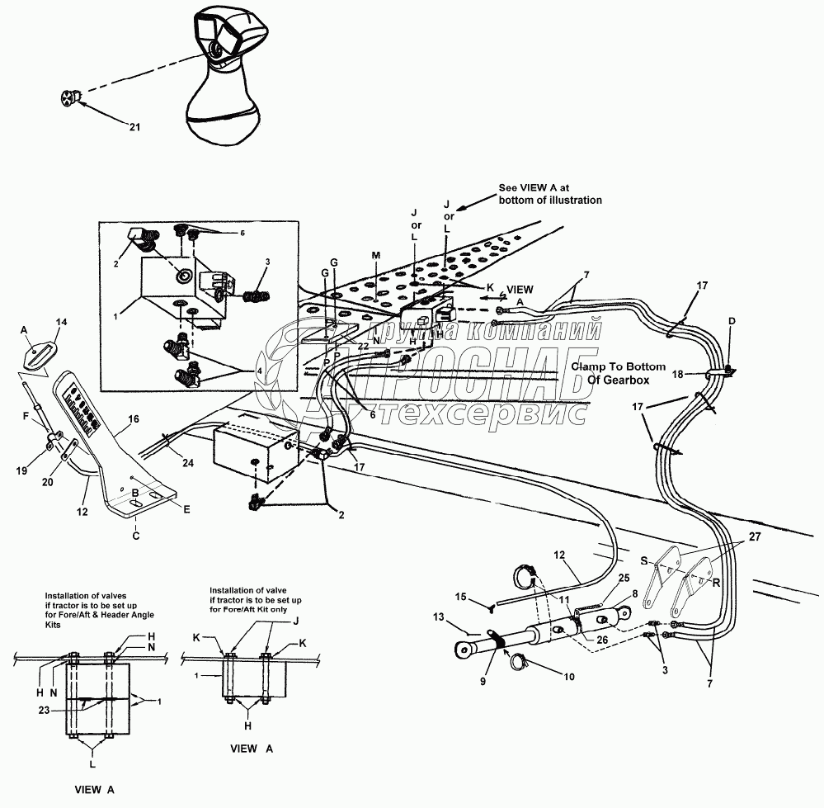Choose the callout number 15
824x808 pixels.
461,596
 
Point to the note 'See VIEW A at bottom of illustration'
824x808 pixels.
550,194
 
